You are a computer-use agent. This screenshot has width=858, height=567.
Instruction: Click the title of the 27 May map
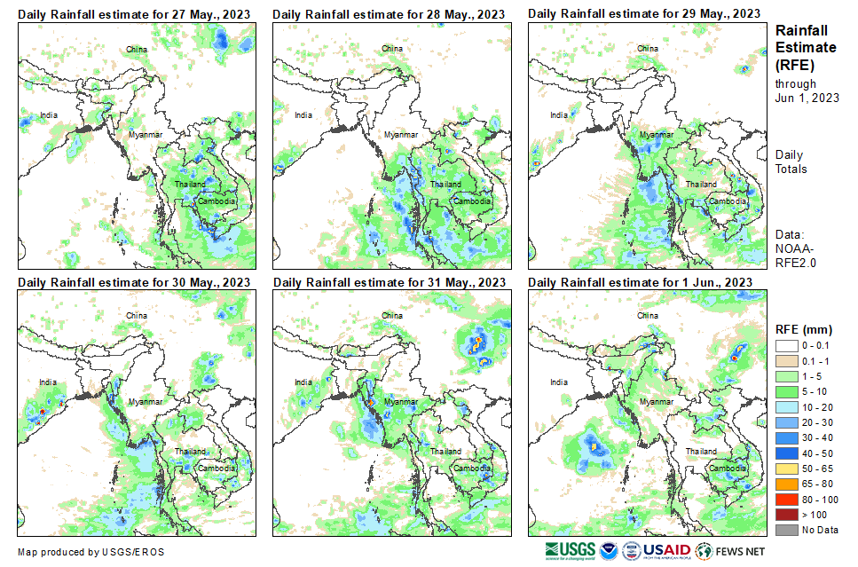[134, 14]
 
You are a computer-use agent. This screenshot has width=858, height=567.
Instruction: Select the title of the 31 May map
[390, 283]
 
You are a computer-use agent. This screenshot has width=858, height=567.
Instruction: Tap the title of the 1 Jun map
[641, 283]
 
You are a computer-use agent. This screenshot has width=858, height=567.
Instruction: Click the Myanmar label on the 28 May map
[400, 134]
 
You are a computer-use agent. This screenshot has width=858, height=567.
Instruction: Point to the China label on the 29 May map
[648, 48]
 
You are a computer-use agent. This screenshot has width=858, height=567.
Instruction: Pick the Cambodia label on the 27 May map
[216, 201]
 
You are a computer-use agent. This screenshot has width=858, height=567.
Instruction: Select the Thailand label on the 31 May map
[446, 452]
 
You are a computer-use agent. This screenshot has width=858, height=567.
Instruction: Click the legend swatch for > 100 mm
[786, 515]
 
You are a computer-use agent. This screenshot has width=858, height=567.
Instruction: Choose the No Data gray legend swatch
[786, 530]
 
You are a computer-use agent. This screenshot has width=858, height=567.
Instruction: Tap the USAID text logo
[667, 550]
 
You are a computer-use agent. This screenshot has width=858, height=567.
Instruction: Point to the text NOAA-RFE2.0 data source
[795, 256]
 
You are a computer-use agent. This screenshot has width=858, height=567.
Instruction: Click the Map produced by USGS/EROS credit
[91, 552]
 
